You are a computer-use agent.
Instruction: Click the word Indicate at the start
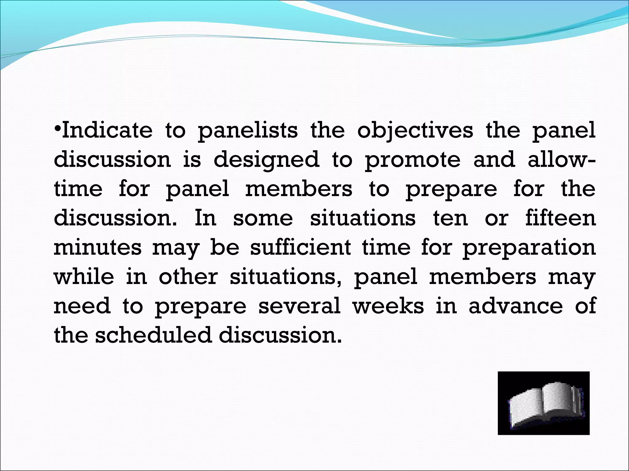107,130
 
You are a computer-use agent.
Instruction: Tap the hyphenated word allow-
561,159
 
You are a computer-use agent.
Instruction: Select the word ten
451,218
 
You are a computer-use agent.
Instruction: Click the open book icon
543,403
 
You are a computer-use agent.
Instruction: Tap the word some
263,218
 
